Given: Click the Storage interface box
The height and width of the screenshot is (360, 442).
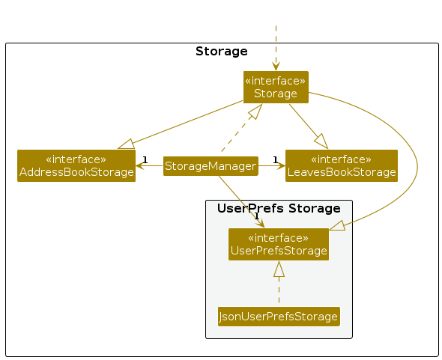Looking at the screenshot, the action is pos(276,87).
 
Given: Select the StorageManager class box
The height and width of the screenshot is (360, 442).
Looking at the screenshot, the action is pos(211,166).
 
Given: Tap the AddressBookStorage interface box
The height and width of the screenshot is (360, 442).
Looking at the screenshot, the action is pos(76,165).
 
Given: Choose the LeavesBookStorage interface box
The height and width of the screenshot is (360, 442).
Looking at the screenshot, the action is pos(342,165).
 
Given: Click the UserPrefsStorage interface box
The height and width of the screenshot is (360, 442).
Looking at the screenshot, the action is pos(279,244).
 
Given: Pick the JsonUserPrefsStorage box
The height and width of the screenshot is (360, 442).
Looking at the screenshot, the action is pos(279,317).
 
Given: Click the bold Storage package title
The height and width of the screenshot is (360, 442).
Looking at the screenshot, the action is pos(222,51).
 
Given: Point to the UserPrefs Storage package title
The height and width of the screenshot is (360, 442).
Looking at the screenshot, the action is pos(279,209).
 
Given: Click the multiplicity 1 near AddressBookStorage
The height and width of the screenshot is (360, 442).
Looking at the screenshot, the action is pos(145,160).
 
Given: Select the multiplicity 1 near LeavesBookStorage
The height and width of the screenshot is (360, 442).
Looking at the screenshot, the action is pos(276,160).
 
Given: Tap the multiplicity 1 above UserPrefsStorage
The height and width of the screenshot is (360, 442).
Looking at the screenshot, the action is pos(256,216).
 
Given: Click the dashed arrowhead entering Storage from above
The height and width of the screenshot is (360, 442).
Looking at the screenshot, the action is pos(276,67).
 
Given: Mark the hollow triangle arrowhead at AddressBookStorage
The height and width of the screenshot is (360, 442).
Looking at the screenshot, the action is pos(126,144).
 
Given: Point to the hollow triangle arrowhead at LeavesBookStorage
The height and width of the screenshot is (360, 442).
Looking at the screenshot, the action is pos(321,141).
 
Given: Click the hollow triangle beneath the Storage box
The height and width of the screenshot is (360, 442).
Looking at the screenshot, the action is pos(255,112).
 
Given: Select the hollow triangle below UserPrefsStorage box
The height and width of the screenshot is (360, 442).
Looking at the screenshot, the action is pos(279,269).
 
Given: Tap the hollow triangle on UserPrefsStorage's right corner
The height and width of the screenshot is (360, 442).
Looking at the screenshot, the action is pos(337,225).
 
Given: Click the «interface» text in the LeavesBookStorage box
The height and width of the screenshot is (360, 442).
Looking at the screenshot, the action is pos(342,159).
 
